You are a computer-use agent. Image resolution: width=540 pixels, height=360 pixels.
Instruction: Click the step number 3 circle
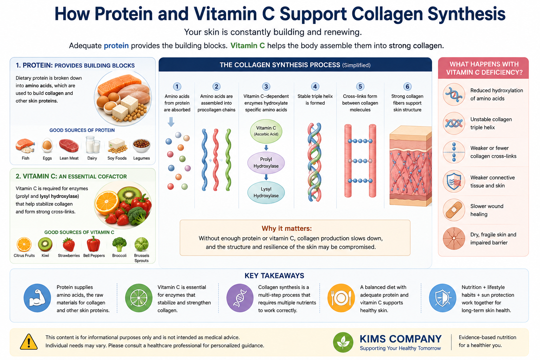pyautogui.click(x=266, y=86)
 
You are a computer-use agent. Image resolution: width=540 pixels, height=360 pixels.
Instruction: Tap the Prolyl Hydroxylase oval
pyautogui.click(x=266, y=163)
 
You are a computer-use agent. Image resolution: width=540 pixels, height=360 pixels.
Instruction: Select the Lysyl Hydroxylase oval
pyautogui.click(x=266, y=192)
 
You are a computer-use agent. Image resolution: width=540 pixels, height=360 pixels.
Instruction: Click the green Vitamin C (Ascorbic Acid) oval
pyautogui.click(x=266, y=131)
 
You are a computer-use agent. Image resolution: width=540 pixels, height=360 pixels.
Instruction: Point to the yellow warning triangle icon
pyautogui.click(x=29, y=342)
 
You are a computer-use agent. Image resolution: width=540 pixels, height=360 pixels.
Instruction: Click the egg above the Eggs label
pyautogui.click(x=47, y=146)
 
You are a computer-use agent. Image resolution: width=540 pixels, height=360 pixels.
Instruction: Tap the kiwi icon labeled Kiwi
pyautogui.click(x=45, y=244)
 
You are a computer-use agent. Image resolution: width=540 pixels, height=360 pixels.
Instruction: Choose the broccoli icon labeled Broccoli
pyautogui.click(x=119, y=244)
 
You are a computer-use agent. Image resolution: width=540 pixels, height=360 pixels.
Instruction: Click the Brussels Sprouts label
pyautogui.click(x=142, y=258)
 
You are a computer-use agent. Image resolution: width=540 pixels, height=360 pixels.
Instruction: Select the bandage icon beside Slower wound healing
pyautogui.click(x=454, y=210)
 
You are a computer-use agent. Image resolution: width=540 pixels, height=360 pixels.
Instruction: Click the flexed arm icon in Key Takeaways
pyautogui.click(x=37, y=298)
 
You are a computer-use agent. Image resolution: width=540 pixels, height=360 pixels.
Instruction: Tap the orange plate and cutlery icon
pyautogui.click(x=341, y=298)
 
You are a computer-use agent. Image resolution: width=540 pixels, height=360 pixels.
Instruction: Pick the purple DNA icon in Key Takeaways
pyautogui.click(x=240, y=298)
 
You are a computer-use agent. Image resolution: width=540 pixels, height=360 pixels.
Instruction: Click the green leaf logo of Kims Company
pyautogui.click(x=343, y=342)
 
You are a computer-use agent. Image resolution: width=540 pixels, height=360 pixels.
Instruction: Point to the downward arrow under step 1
pyautogui.click(x=171, y=122)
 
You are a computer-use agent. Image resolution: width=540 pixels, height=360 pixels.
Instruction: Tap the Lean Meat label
pyautogui.click(x=69, y=158)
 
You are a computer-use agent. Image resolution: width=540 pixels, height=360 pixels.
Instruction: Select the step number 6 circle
pyautogui.click(x=407, y=86)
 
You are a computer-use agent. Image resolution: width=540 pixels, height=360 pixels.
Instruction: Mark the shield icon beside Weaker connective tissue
pyautogui.click(x=454, y=181)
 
